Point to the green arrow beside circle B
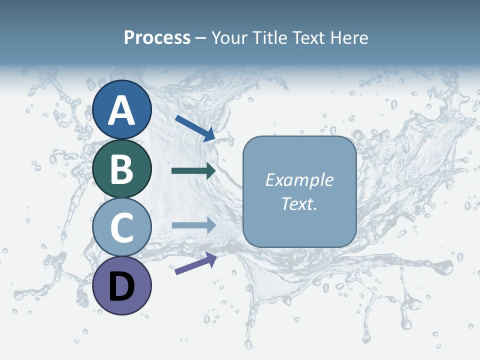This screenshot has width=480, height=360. [x=193, y=171]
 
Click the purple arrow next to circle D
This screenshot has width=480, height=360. [x=195, y=263]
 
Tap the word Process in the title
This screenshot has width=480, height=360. [x=157, y=38]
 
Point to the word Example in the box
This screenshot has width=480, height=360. [x=299, y=180]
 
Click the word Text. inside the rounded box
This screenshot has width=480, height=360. [x=299, y=203]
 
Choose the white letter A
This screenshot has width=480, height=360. [x=122, y=110]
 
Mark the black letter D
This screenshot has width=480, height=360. [x=122, y=287]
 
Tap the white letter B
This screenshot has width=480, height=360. [x=122, y=168]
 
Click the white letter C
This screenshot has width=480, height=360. [x=122, y=227]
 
